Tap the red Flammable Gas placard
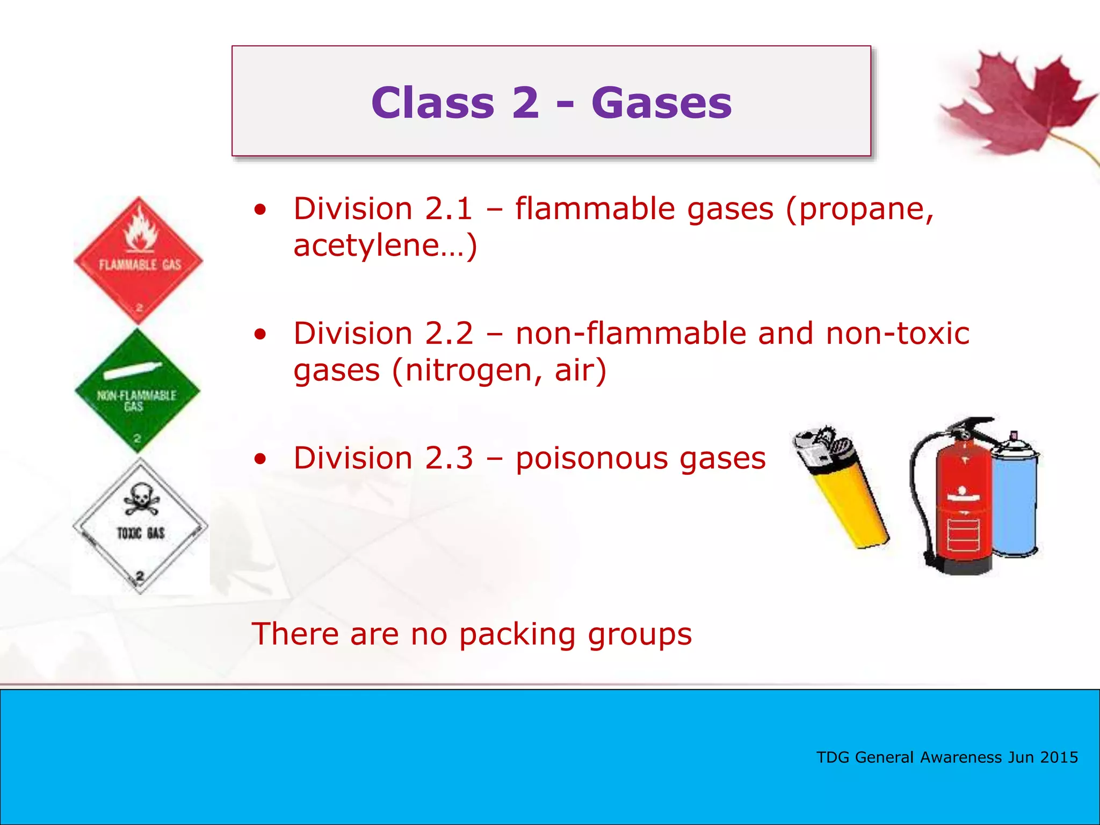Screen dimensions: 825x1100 click(x=139, y=261)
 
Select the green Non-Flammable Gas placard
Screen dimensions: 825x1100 click(x=137, y=391)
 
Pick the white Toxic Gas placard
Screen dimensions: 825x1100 click(x=140, y=526)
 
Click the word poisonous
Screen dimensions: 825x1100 click(x=590, y=459)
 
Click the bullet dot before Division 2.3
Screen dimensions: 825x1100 click(x=260, y=459)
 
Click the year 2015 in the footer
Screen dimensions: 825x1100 click(x=1059, y=757)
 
